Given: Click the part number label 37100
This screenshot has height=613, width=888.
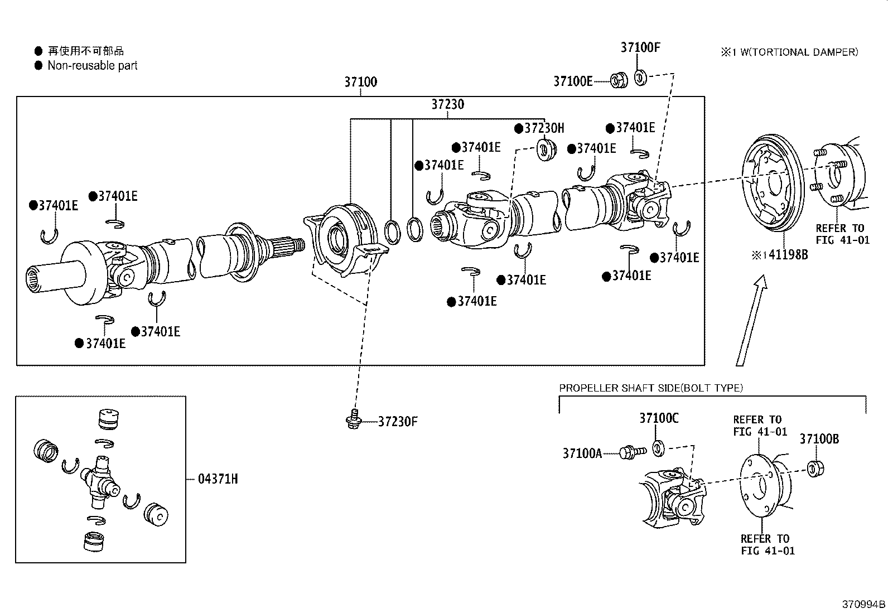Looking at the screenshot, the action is [x=360, y=82].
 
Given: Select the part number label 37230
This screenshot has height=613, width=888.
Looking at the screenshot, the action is [x=447, y=104].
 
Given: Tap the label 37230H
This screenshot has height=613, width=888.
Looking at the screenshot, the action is [x=544, y=128].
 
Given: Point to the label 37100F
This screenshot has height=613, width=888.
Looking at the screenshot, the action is [x=640, y=47].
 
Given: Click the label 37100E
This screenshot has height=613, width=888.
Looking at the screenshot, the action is [x=573, y=81].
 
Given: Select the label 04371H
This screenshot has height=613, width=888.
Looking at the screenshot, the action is [x=218, y=479].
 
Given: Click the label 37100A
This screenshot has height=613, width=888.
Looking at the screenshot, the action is [x=582, y=453].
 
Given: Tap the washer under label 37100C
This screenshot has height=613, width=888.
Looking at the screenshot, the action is [x=658, y=448].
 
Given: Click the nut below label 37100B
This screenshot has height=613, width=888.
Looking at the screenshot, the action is [x=815, y=469].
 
